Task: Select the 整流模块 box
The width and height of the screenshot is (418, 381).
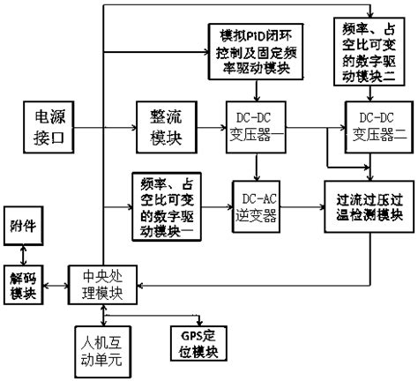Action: pyautogui.click(x=159, y=129)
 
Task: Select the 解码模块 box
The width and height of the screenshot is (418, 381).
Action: pyautogui.click(x=20, y=282)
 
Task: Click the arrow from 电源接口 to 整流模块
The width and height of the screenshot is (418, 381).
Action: pyautogui.click(x=108, y=129)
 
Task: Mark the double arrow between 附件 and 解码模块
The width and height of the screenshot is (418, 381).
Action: pyautogui.click(x=20, y=253)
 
